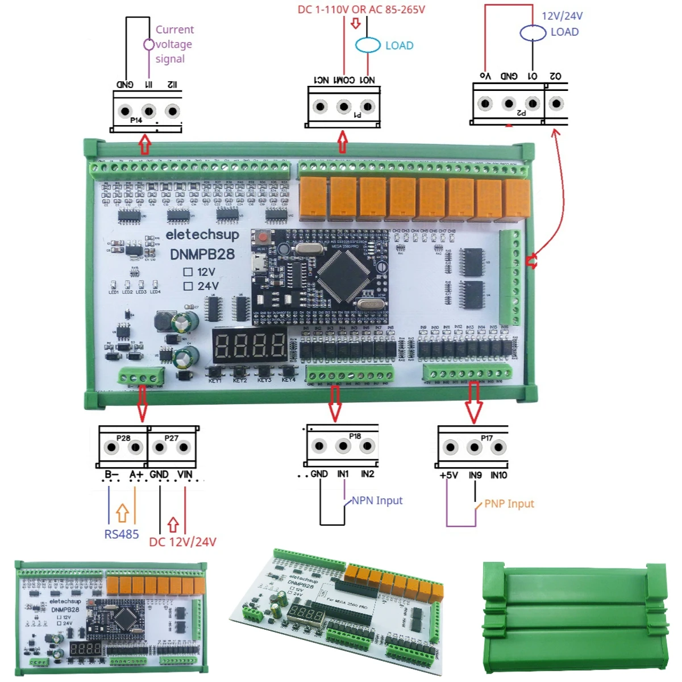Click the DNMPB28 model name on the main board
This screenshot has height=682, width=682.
[x=202, y=254]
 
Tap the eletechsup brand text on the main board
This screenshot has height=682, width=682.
[x=202, y=234]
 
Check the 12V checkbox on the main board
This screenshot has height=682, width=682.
[x=188, y=272]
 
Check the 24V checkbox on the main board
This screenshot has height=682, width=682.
[x=188, y=286]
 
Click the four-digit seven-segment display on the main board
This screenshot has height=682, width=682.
[x=250, y=345]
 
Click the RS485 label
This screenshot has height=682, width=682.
[x=121, y=534]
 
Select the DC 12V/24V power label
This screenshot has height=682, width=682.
[x=182, y=542]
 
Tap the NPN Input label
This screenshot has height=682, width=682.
[x=377, y=501]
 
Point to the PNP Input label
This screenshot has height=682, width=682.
[x=509, y=504]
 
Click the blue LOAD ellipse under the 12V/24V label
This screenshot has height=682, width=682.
[x=533, y=33]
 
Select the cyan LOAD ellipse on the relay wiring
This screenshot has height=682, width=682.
[x=368, y=45]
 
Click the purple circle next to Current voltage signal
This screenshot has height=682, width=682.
[x=148, y=44]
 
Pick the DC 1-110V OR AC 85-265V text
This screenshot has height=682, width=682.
[x=361, y=10]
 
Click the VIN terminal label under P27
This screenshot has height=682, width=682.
[x=185, y=474]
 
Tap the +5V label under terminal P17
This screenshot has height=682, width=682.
[x=448, y=475]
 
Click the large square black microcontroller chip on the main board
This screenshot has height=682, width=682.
[x=343, y=275]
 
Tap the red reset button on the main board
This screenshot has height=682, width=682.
[x=263, y=236]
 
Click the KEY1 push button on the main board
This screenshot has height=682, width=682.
[x=214, y=371]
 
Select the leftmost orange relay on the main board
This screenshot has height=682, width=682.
[x=313, y=197]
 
